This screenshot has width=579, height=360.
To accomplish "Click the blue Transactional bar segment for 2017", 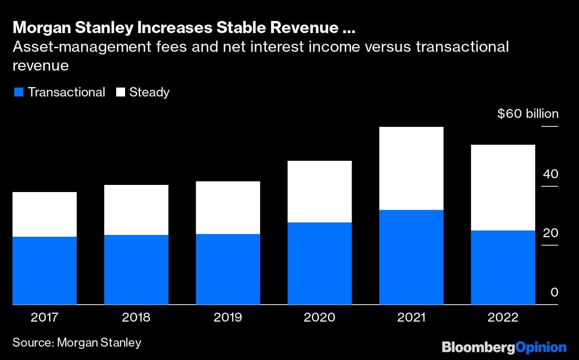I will point(45,270).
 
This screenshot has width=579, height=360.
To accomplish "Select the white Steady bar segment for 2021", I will point(411,168).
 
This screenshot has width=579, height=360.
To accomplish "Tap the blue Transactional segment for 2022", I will point(503,267).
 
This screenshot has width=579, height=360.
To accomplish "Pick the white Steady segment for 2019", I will point(228,208).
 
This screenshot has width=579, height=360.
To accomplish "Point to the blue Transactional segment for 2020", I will point(319,263).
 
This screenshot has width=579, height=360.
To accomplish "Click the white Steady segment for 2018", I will point(136,210).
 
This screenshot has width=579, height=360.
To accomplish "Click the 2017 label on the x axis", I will point(45,318).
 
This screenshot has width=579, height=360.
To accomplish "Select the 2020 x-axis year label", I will point(319,318).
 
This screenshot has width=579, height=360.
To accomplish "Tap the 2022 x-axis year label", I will point(503,318).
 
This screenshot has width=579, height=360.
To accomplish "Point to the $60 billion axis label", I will point(528,114).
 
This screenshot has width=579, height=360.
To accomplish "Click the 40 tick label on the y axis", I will point(550,174).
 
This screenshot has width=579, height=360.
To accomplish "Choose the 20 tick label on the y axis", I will point(550,233).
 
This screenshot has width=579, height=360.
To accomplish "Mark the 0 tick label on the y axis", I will point(554,293).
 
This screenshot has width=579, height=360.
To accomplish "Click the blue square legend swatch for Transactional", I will point(18,92).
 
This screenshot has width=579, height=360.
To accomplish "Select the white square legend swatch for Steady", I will point(120,92).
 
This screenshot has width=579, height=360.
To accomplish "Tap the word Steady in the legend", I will point(149,92).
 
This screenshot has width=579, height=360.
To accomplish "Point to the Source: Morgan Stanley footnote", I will point(77,343).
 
